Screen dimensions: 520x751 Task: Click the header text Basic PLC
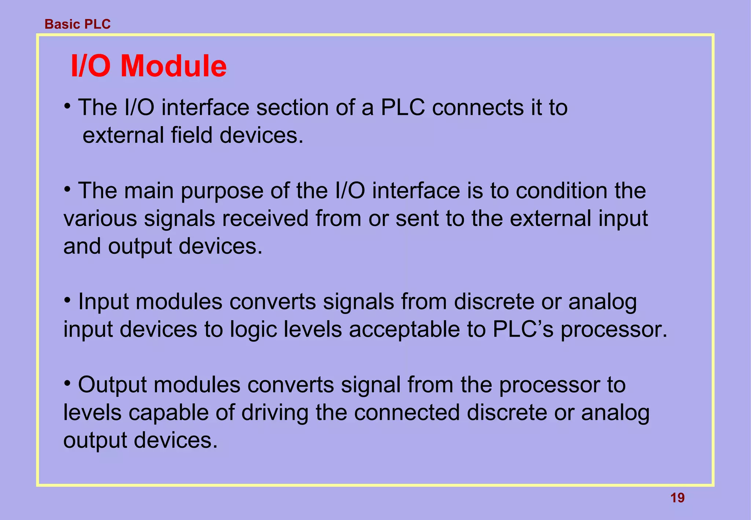(x=77, y=24)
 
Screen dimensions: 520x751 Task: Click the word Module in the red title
(x=173, y=66)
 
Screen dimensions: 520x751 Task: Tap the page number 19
(x=677, y=498)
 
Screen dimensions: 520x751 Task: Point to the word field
(x=191, y=135)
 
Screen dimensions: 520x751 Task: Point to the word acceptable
(x=404, y=329)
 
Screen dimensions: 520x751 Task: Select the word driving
(x=275, y=413)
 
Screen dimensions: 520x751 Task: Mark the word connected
(x=407, y=413)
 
